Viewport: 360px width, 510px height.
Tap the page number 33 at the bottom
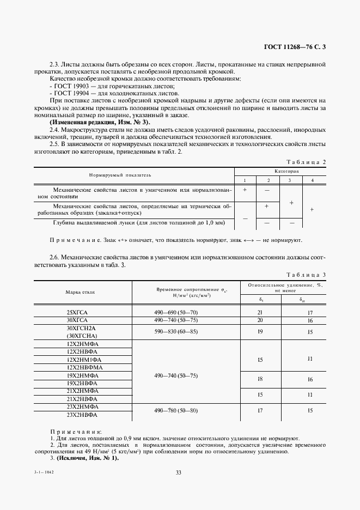(178, 472)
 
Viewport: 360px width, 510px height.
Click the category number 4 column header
(312, 180)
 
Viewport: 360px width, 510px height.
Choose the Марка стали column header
(81, 292)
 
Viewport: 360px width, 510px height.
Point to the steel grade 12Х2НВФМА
(81, 368)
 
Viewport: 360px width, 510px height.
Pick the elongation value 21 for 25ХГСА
(259, 312)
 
